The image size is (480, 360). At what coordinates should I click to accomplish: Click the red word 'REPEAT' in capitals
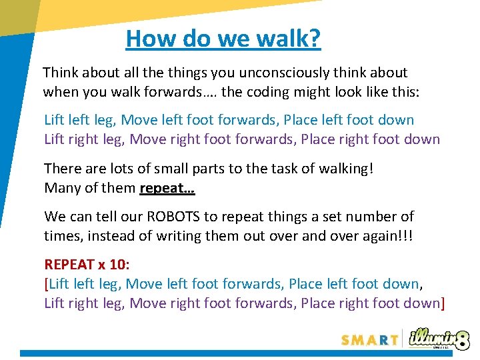[68, 265]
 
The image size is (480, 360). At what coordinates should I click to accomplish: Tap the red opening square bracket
[46, 285]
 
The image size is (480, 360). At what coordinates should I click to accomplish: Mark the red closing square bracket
[443, 304]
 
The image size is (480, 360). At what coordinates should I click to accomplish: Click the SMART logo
[369, 339]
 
